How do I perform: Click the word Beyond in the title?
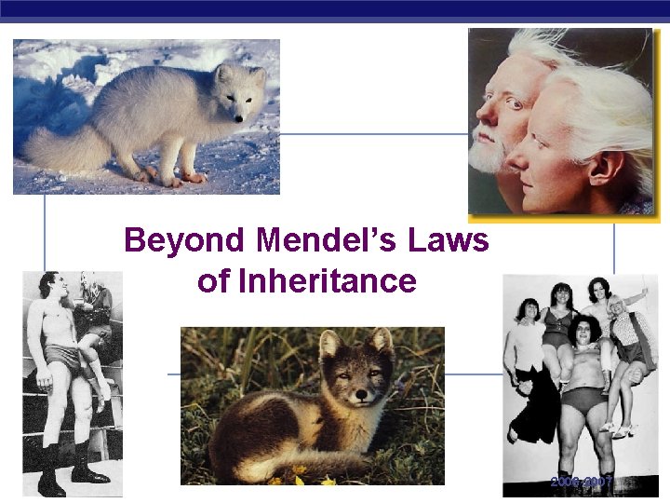pos(184,241)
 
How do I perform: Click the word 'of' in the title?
pos(211,280)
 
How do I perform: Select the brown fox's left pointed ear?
pos(328,342)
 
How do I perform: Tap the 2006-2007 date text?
pos(581,483)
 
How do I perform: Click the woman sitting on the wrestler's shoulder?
pos(93,317)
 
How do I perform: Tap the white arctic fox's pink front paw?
pos(194,176)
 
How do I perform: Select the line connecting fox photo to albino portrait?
pos(373,133)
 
